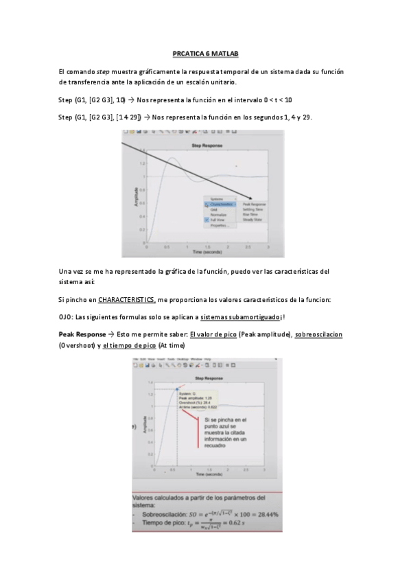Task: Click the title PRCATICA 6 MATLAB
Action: click(205, 54)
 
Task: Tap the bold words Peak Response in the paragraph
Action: click(82, 334)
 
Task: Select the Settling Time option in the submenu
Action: click(255, 209)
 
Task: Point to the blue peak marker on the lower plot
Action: click(177, 389)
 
